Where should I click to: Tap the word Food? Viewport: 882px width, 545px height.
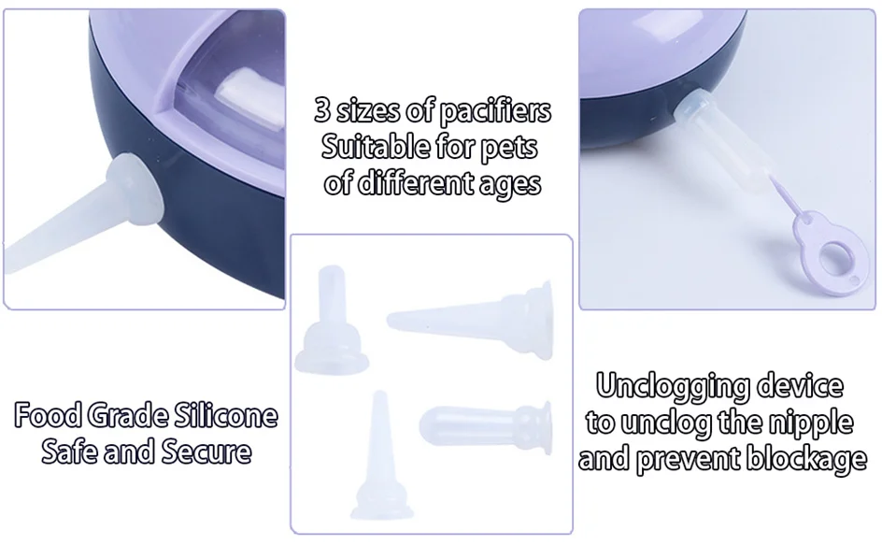click(50, 415)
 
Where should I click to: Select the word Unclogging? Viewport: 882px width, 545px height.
click(673, 387)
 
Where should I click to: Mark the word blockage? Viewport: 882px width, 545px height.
click(806, 460)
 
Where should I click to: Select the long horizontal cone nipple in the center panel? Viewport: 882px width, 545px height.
click(470, 319)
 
